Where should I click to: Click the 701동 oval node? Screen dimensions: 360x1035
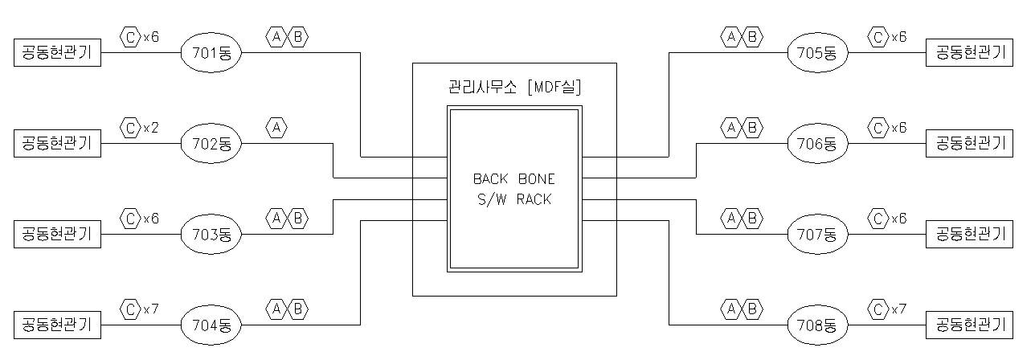click(211, 54)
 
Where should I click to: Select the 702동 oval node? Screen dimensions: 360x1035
click(211, 145)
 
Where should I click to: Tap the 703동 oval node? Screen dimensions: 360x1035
click(211, 235)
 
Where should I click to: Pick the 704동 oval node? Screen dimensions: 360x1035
click(211, 325)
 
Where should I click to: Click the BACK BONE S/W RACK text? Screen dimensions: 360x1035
click(513, 189)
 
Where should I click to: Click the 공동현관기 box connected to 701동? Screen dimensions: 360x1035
click(58, 54)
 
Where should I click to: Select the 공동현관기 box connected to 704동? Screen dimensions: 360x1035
click(58, 325)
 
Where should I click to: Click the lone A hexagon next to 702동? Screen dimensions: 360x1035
click(276, 127)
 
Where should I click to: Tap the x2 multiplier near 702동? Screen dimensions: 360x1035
click(151, 127)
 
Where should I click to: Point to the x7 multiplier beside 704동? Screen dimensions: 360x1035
click(151, 308)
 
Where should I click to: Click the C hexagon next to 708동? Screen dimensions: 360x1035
click(878, 308)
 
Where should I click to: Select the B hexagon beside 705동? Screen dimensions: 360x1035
click(752, 36)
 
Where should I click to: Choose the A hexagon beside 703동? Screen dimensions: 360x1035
click(276, 217)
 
